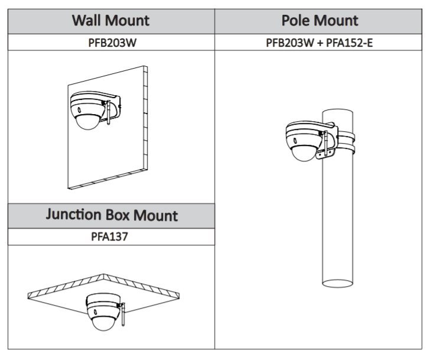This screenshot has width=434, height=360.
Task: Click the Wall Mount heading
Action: tap(111, 21)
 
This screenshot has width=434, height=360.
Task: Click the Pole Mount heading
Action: tap(319, 21)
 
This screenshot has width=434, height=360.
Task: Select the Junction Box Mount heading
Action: tap(112, 215)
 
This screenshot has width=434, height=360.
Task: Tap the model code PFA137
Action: tap(110, 236)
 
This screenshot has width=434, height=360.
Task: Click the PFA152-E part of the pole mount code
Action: tap(350, 43)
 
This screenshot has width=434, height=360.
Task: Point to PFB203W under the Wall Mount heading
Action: tap(112, 43)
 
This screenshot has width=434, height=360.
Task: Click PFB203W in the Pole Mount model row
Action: tap(290, 43)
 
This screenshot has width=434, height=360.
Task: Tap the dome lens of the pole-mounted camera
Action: tap(304, 153)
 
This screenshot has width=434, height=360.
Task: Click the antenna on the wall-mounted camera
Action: tap(109, 112)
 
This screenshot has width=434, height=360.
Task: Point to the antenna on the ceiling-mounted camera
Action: tap(123, 314)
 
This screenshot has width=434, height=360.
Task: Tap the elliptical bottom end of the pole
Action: tap(338, 283)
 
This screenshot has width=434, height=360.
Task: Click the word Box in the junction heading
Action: tap(117, 215)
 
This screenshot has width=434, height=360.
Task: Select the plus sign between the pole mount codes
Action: tap(320, 43)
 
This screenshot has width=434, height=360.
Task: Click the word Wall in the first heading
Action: tap(86, 21)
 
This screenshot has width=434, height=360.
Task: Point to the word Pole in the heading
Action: tap(295, 21)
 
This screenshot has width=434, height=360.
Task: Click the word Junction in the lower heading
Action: tap(73, 215)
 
